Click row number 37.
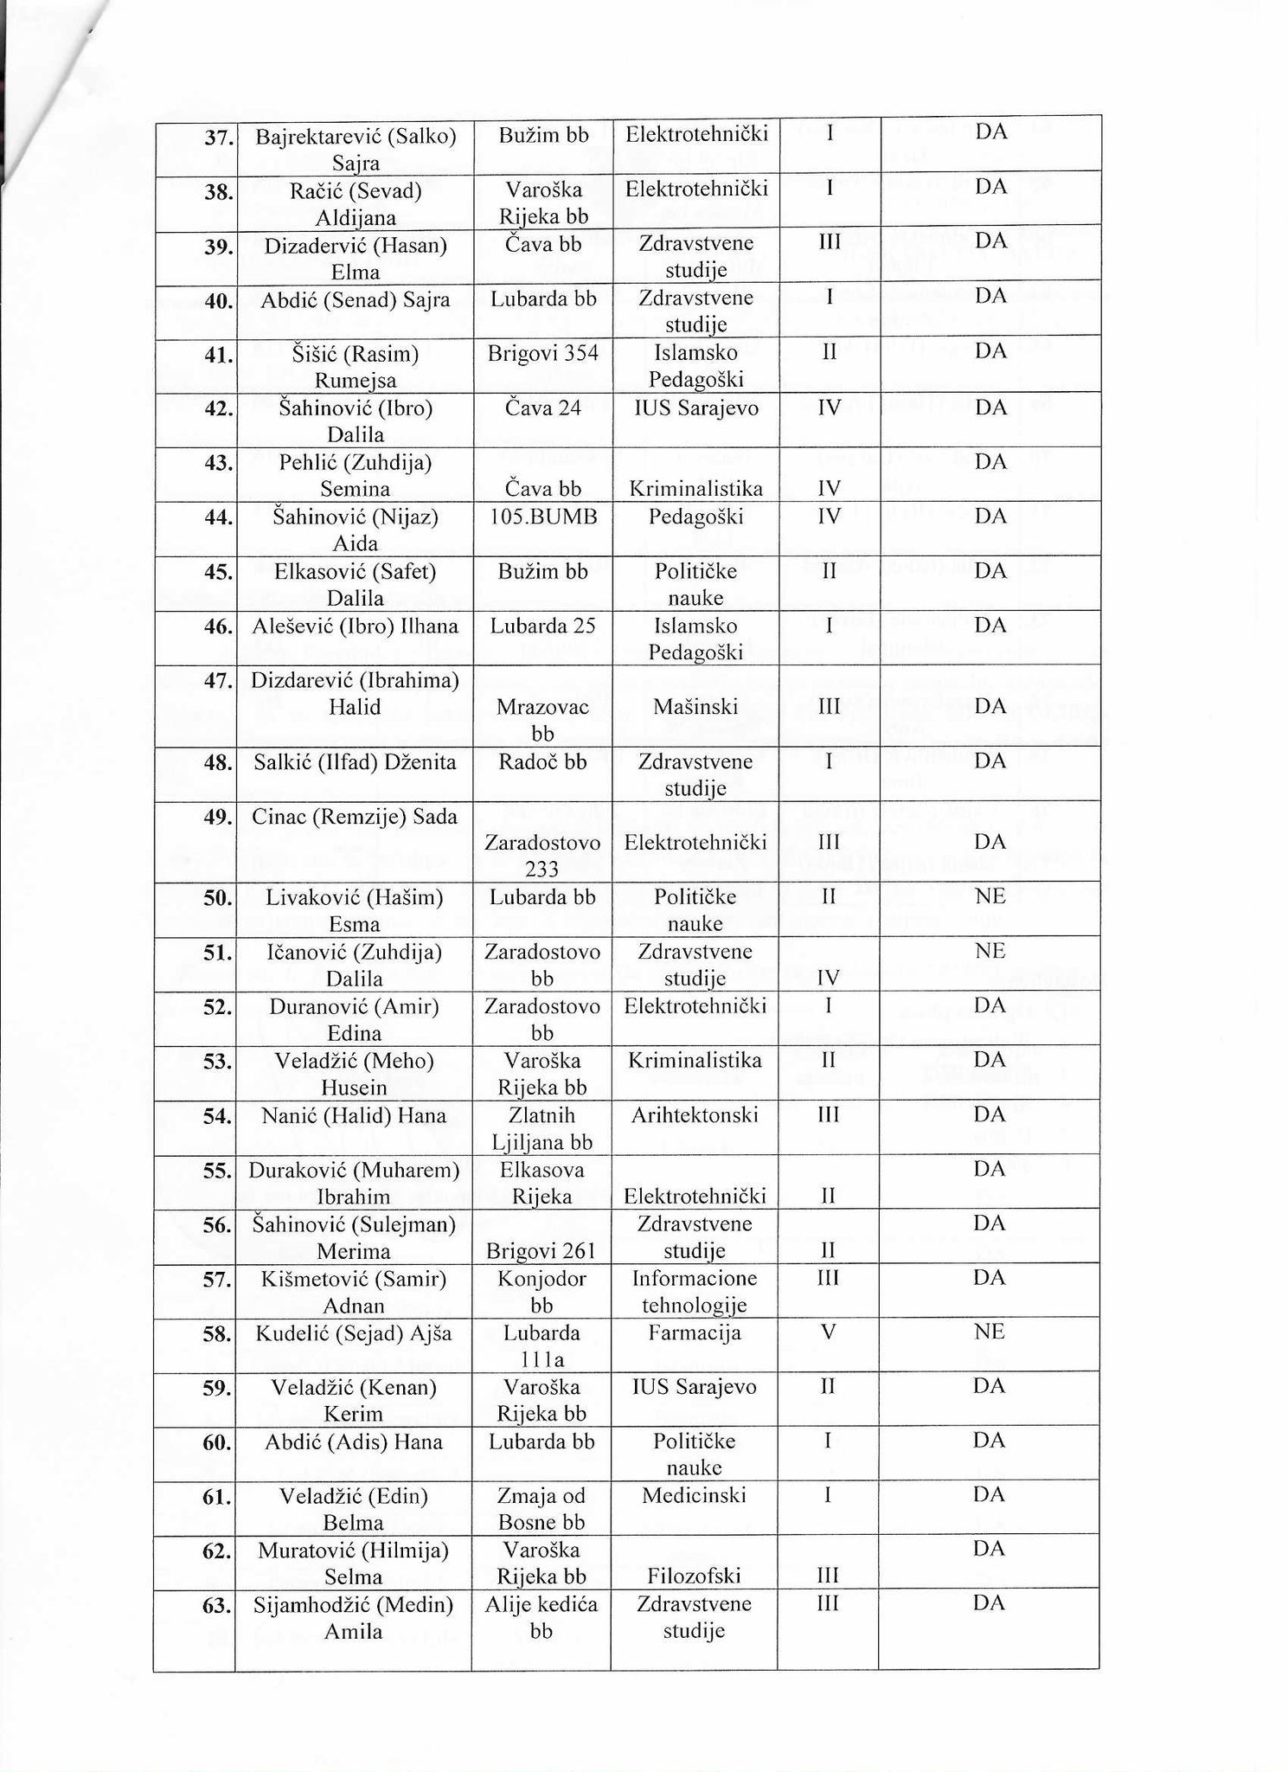click(218, 136)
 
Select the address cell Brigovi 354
click(542, 353)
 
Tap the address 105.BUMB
click(542, 517)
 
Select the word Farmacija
click(695, 1332)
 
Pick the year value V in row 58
click(829, 1332)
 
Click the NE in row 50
click(990, 896)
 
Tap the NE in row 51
click(990, 952)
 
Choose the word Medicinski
click(694, 1495)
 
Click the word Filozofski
click(694, 1576)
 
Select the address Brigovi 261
click(541, 1251)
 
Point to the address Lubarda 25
click(542, 626)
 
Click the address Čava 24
click(542, 408)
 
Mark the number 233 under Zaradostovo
click(542, 869)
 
